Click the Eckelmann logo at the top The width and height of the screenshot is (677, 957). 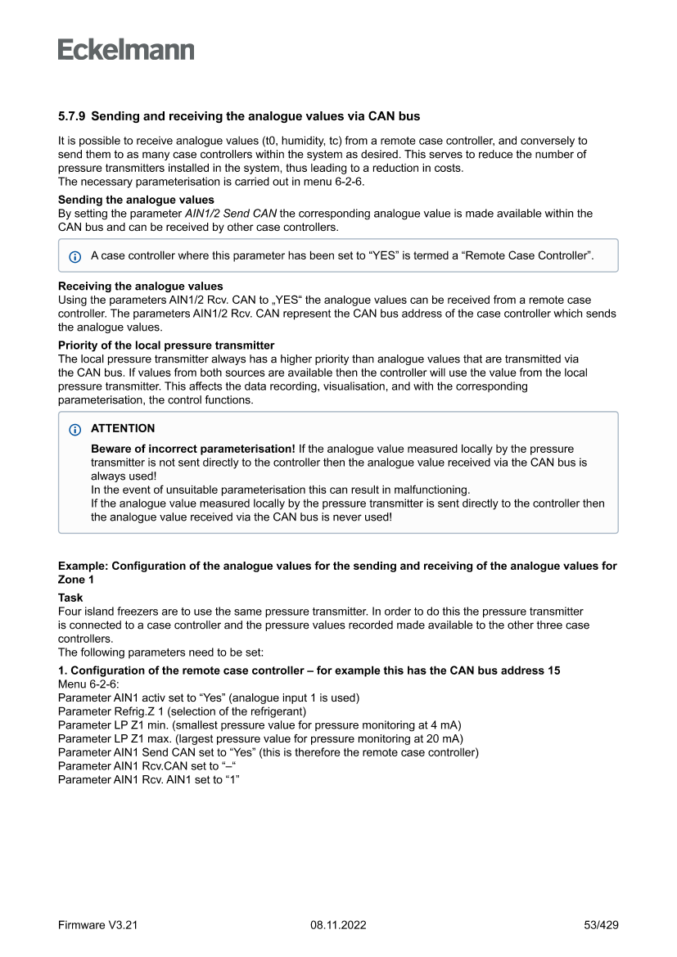tap(126, 50)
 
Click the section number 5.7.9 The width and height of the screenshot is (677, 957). tap(72, 117)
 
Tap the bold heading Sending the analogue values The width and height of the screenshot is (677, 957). tap(136, 200)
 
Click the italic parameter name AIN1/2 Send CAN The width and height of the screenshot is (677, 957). tap(232, 214)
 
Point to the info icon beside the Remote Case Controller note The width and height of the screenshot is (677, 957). tap(75, 256)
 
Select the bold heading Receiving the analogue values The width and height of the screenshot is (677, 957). tap(140, 287)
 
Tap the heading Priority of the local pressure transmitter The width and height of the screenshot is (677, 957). tap(166, 345)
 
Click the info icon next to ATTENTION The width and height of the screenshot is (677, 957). tap(75, 429)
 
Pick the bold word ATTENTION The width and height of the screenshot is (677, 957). tap(123, 428)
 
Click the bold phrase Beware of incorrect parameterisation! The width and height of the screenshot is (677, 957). tap(192, 449)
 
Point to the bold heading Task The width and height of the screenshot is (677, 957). tap(70, 598)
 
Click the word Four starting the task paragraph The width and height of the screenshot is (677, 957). tap(70, 612)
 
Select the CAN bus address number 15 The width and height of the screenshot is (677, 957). tap(553, 670)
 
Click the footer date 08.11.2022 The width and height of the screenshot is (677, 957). tap(338, 925)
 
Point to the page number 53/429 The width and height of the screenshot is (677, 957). tap(601, 925)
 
